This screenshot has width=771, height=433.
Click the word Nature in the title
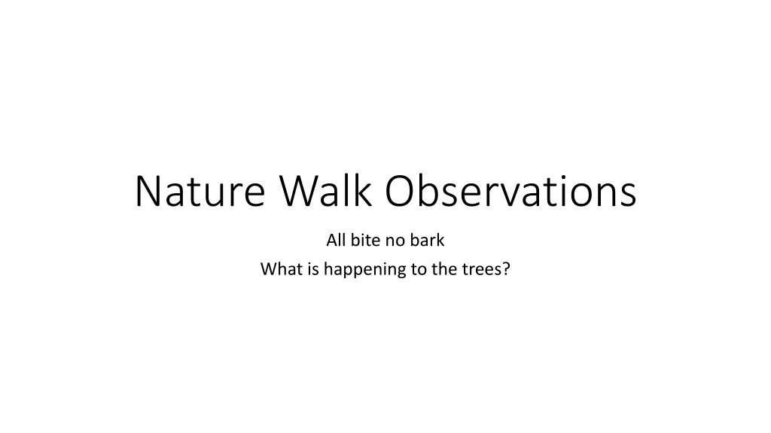200,192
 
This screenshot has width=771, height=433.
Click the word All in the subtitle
336,240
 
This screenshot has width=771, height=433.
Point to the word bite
365,240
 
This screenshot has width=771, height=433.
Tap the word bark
428,240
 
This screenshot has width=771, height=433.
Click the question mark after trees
506,269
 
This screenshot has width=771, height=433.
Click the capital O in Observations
401,190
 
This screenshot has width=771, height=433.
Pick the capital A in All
332,240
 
